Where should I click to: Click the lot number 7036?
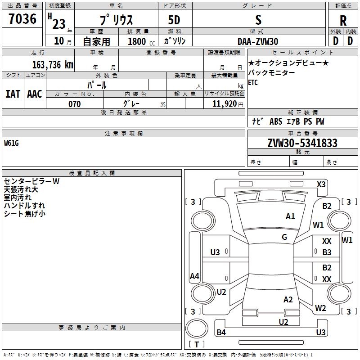click(22, 19)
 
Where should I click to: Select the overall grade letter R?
click(343, 21)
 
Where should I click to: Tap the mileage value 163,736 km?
click(53, 65)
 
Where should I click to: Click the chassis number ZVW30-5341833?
click(302, 143)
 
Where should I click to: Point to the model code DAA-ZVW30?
click(258, 41)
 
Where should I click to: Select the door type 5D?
click(174, 20)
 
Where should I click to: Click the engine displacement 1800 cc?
click(141, 41)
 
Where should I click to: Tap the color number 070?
click(75, 104)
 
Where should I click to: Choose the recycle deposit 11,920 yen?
click(228, 104)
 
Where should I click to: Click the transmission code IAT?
click(13, 94)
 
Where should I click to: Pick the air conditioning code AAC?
click(35, 94)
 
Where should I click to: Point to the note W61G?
click(11, 143)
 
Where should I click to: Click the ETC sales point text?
click(253, 82)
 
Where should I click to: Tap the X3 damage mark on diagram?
click(321, 184)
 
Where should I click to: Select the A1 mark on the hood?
click(290, 216)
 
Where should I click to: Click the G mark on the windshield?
click(284, 237)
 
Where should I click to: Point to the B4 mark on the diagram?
click(221, 332)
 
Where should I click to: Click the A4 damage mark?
click(194, 276)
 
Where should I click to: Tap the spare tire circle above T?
click(197, 328)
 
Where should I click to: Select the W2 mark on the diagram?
click(320, 308)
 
